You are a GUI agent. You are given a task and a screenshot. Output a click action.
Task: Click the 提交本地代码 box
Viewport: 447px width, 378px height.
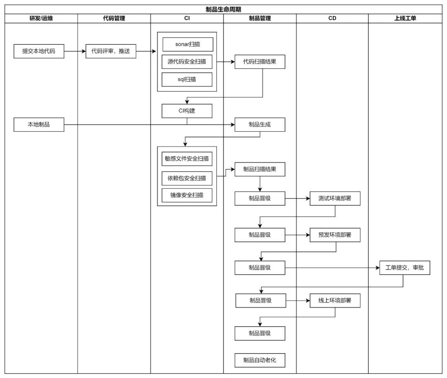[x=39, y=51]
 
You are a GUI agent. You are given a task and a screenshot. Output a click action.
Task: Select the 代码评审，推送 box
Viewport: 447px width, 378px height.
[x=111, y=51]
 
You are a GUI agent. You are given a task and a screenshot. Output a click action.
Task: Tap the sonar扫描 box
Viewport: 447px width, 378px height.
[x=188, y=44]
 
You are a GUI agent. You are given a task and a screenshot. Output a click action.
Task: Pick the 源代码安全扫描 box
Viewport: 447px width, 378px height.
[x=187, y=62]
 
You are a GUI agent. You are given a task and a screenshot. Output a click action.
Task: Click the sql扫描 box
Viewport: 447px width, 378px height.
[x=187, y=79]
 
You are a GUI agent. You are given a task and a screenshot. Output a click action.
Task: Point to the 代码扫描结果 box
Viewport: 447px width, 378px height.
[x=260, y=62]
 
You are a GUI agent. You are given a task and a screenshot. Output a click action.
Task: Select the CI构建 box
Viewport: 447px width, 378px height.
[x=187, y=111]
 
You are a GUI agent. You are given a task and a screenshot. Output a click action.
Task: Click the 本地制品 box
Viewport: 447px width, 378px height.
[x=39, y=125]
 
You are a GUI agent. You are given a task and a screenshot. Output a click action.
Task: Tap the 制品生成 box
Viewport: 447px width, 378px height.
[x=260, y=125]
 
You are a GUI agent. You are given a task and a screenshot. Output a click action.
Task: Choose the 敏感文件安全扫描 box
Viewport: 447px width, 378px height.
[x=187, y=159]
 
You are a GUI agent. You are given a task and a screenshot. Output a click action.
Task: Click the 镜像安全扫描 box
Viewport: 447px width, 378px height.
[x=187, y=195]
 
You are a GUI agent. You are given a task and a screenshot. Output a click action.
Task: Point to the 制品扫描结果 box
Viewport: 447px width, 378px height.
[x=260, y=169]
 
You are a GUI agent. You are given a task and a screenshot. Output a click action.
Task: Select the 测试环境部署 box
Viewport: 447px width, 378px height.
[x=335, y=198]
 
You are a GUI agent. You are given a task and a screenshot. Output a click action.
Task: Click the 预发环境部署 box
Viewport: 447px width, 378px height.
[x=335, y=235]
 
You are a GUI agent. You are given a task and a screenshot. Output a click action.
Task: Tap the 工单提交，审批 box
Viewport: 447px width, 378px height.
[x=405, y=268]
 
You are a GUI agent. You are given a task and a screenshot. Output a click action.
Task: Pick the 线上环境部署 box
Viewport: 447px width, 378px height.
[x=335, y=301]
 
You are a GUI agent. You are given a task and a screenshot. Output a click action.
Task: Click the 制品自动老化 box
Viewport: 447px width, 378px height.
[x=260, y=360]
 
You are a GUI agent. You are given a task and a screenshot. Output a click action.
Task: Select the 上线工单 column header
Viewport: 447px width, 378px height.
[x=405, y=19]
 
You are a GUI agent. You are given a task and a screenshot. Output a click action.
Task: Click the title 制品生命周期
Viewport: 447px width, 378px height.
[x=223, y=10]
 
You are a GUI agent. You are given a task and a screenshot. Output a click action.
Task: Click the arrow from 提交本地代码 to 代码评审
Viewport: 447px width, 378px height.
[x=75, y=51]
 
